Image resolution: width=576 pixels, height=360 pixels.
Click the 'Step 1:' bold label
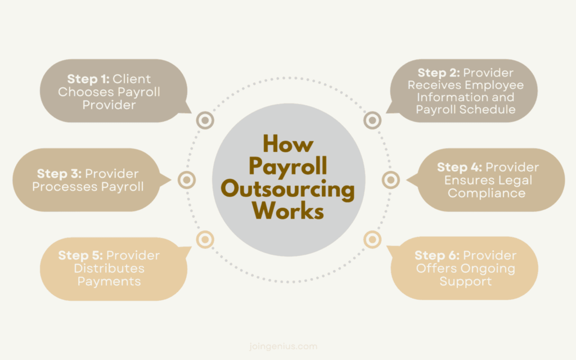[89, 79]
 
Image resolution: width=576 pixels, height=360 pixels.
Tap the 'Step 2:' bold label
[439, 73]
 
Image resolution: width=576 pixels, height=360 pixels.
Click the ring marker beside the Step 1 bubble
[205, 120]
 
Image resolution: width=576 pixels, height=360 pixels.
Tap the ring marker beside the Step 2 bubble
[372, 120]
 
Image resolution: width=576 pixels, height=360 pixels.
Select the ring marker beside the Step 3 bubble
[187, 180]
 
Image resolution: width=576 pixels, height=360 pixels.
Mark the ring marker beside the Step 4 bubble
[390, 180]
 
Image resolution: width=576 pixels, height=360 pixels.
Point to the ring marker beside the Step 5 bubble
[205, 240]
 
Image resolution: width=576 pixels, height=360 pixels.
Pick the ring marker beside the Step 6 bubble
[372, 240]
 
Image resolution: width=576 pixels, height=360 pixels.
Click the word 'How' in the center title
[288, 144]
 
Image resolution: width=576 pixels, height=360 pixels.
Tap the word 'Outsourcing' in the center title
[288, 190]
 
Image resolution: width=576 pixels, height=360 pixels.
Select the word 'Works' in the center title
[288, 212]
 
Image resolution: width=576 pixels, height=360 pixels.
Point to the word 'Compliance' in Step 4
[487, 193]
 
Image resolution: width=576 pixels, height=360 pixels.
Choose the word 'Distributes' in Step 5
[109, 269]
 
